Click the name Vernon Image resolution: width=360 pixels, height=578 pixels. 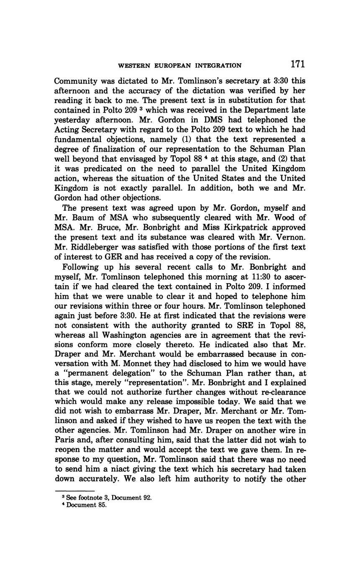(291, 237)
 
